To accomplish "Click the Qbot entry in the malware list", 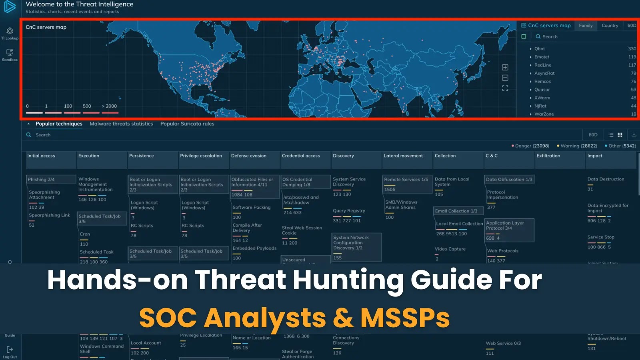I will point(540,49).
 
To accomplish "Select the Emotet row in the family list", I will point(542,57).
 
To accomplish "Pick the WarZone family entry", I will point(544,114).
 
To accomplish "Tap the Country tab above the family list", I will point(610,26).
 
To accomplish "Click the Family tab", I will point(586,26).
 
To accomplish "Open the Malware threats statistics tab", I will point(121,124).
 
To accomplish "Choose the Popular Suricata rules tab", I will point(187,124).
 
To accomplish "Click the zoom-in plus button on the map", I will point(505,67).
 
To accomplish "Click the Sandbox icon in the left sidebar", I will point(10,53).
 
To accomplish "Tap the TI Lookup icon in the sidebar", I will point(10,31).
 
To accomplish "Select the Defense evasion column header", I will point(248,156).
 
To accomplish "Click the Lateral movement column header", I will point(403,156).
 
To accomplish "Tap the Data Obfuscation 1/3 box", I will point(509,180).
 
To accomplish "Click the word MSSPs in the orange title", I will point(405,318).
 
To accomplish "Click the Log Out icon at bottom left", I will point(10,350).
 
